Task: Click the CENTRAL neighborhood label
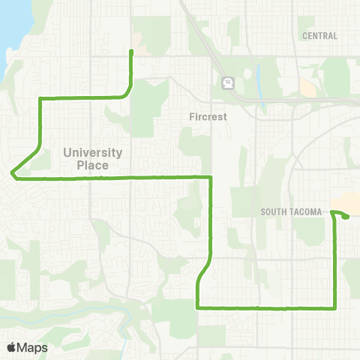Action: tap(319, 35)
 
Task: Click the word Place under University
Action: tap(93, 164)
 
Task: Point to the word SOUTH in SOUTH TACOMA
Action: tap(274, 212)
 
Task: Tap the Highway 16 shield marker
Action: tap(226, 82)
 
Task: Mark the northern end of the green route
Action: tap(132, 51)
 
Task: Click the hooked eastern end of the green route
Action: tap(347, 217)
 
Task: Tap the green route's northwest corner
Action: tap(39, 98)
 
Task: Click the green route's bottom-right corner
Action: tap(334, 307)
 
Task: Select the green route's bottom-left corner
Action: tap(197, 307)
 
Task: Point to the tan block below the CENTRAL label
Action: tap(307, 87)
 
